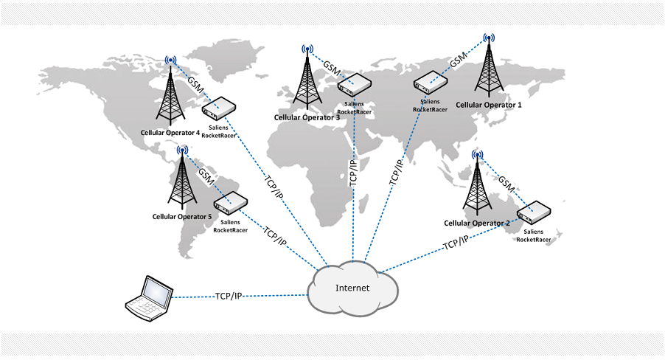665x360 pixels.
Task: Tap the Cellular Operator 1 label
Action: click(489, 105)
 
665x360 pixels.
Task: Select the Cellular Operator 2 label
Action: click(477, 223)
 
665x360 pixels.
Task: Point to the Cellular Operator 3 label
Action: click(307, 117)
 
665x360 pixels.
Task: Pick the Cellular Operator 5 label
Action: click(181, 216)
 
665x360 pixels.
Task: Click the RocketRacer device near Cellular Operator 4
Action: click(218, 109)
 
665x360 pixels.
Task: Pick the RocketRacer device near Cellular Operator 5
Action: click(230, 203)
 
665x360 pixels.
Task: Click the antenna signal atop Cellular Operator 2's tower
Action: click(478, 156)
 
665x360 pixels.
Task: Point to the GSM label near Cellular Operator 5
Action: click(207, 176)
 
